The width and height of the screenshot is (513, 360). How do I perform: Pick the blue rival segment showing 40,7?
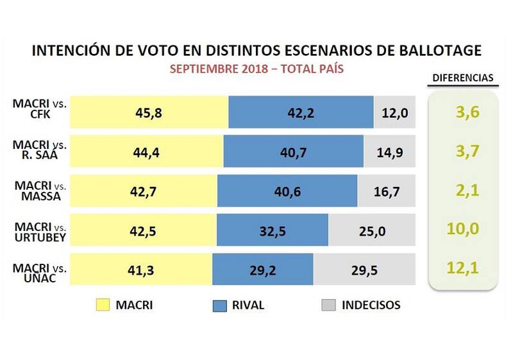tap(293, 152)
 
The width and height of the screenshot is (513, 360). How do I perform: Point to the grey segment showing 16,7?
tap(386, 191)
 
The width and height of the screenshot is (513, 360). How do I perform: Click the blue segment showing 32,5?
tap(273, 230)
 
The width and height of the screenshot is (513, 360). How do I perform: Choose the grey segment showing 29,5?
tap(364, 270)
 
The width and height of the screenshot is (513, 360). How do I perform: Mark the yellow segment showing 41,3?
tap(141, 270)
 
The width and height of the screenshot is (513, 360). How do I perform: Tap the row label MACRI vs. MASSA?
tap(40, 191)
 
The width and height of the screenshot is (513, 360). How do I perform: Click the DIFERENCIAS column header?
tap(462, 78)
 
